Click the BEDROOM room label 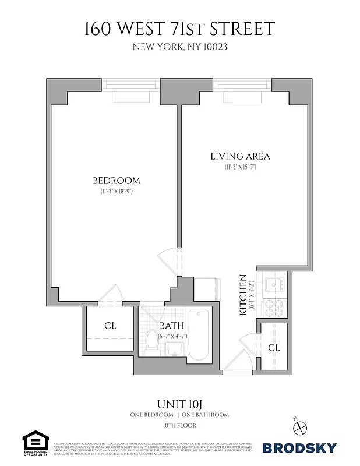117,180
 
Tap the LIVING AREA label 240,156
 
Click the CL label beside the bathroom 110,326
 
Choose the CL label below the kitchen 274,348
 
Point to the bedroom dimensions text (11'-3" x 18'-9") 117,191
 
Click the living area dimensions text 240,167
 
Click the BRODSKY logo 299,447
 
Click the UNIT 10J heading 179,403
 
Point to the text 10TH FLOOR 179,426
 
